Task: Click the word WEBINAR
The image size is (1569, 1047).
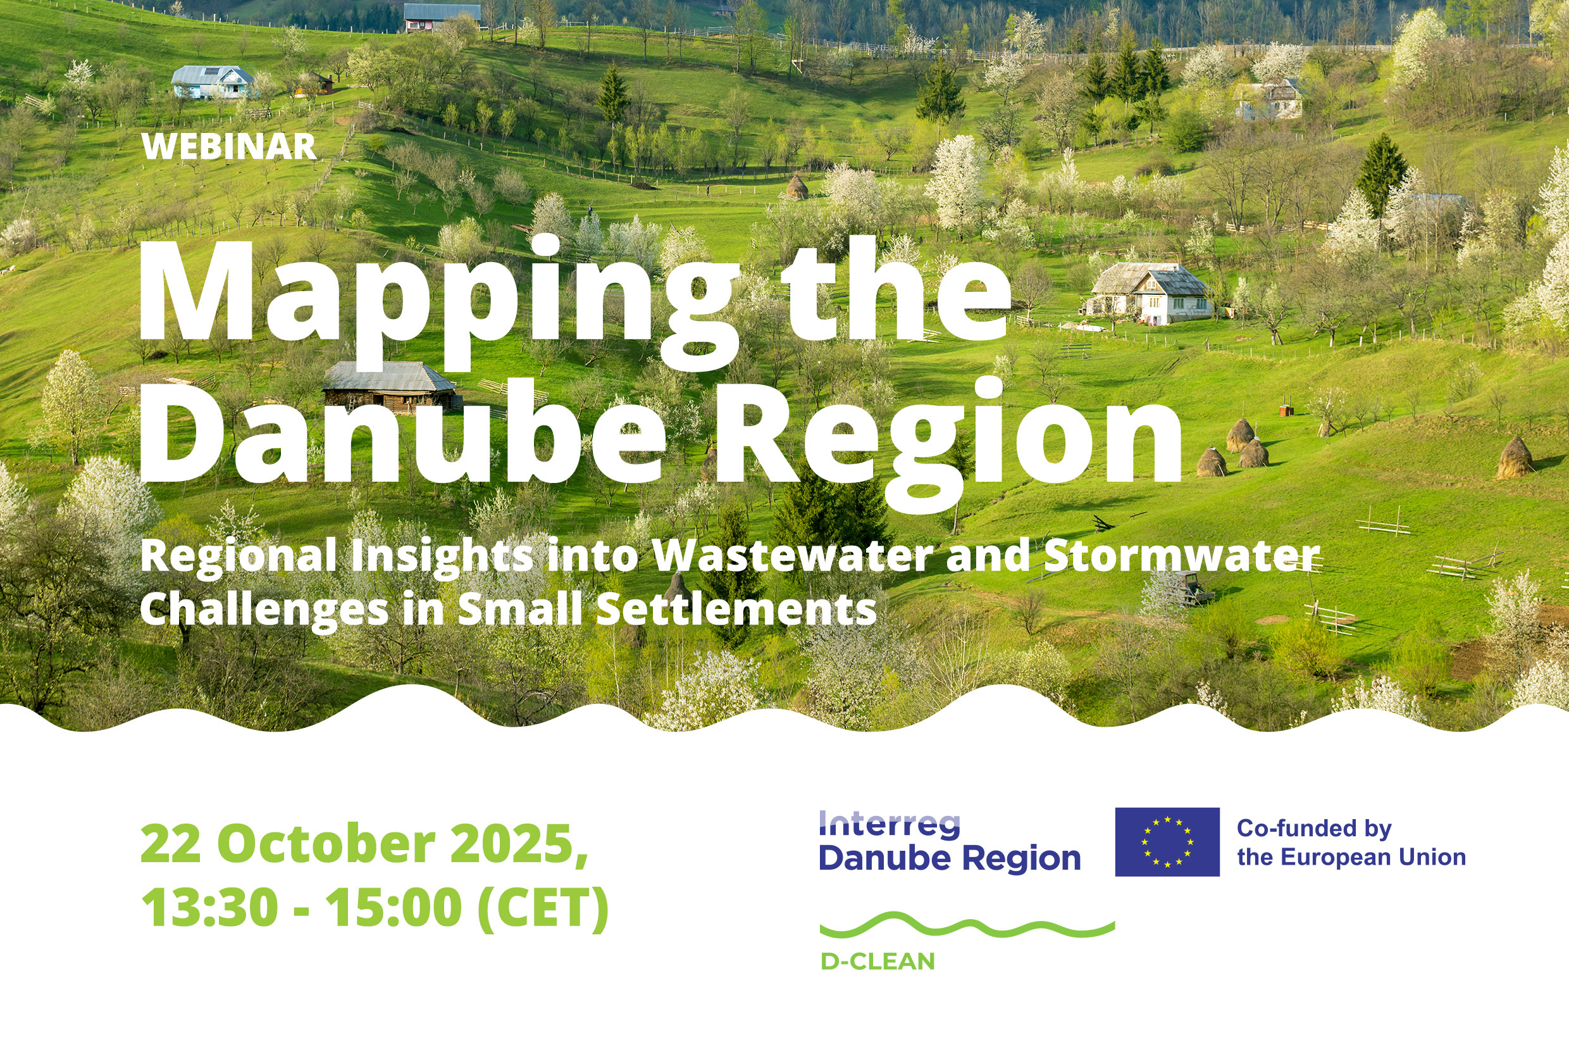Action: pyautogui.click(x=229, y=146)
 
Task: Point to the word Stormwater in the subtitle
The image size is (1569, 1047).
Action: pyautogui.click(x=1182, y=555)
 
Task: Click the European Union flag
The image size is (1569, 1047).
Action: pyautogui.click(x=1167, y=842)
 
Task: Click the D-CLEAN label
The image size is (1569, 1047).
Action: pyautogui.click(x=878, y=962)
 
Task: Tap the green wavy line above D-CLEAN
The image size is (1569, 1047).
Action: pyautogui.click(x=967, y=925)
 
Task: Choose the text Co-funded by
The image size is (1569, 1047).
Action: pyautogui.click(x=1314, y=828)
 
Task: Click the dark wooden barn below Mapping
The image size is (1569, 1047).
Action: pyautogui.click(x=391, y=387)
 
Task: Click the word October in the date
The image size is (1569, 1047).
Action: pyautogui.click(x=326, y=844)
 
